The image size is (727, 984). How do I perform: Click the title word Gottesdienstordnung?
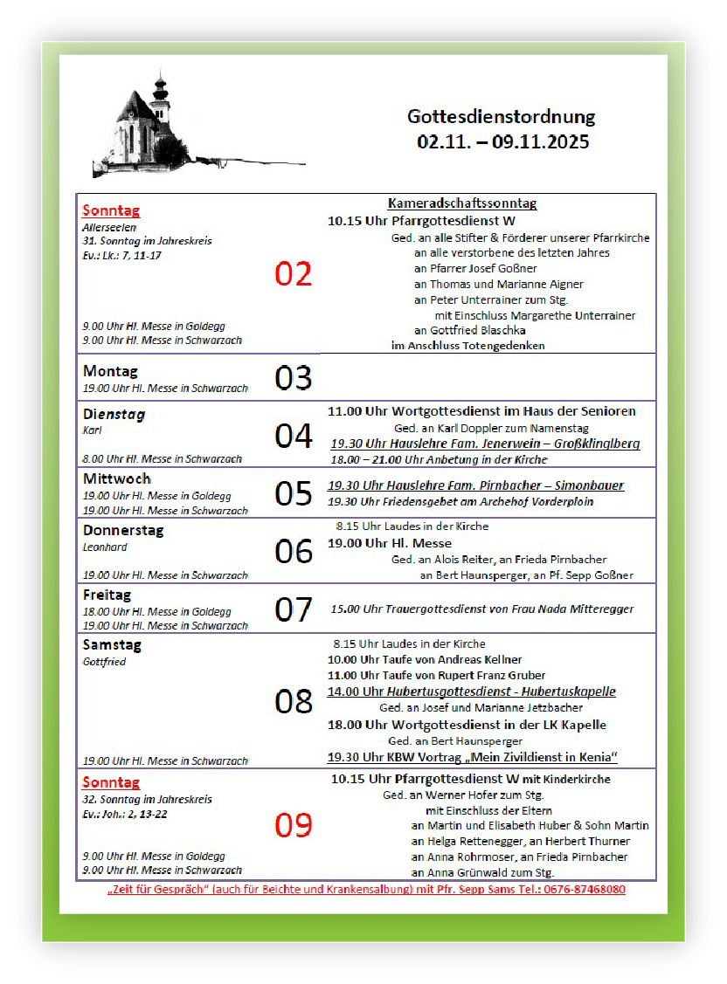(502, 116)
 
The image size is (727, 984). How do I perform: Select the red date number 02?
(294, 274)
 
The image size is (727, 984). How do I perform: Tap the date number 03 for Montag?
(294, 378)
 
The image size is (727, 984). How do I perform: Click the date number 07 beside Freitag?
(294, 609)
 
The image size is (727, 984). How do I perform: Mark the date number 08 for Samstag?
(294, 701)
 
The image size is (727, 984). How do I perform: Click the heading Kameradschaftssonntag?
(462, 203)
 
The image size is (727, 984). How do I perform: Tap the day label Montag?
(110, 371)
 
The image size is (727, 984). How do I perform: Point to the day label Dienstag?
(114, 415)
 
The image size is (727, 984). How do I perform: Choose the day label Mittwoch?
(117, 478)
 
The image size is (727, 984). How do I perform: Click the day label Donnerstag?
(123, 530)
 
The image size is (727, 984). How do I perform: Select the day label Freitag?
(107, 595)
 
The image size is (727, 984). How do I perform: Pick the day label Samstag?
(112, 645)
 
